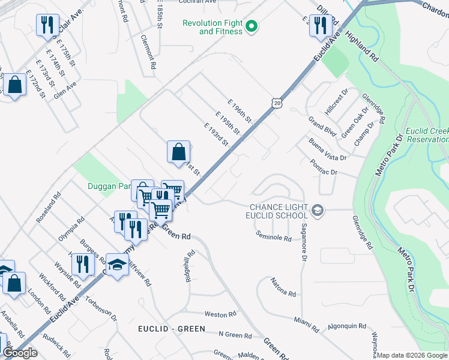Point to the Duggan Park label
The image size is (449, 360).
(x=109, y=187)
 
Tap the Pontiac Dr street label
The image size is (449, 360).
(x=325, y=167)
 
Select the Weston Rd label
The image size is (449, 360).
(x=216, y=314)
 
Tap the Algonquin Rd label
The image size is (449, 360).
(x=347, y=326)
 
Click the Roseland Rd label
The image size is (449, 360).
(x=49, y=208)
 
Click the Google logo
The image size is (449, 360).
(x=20, y=352)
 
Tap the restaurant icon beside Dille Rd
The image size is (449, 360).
(x=321, y=25)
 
